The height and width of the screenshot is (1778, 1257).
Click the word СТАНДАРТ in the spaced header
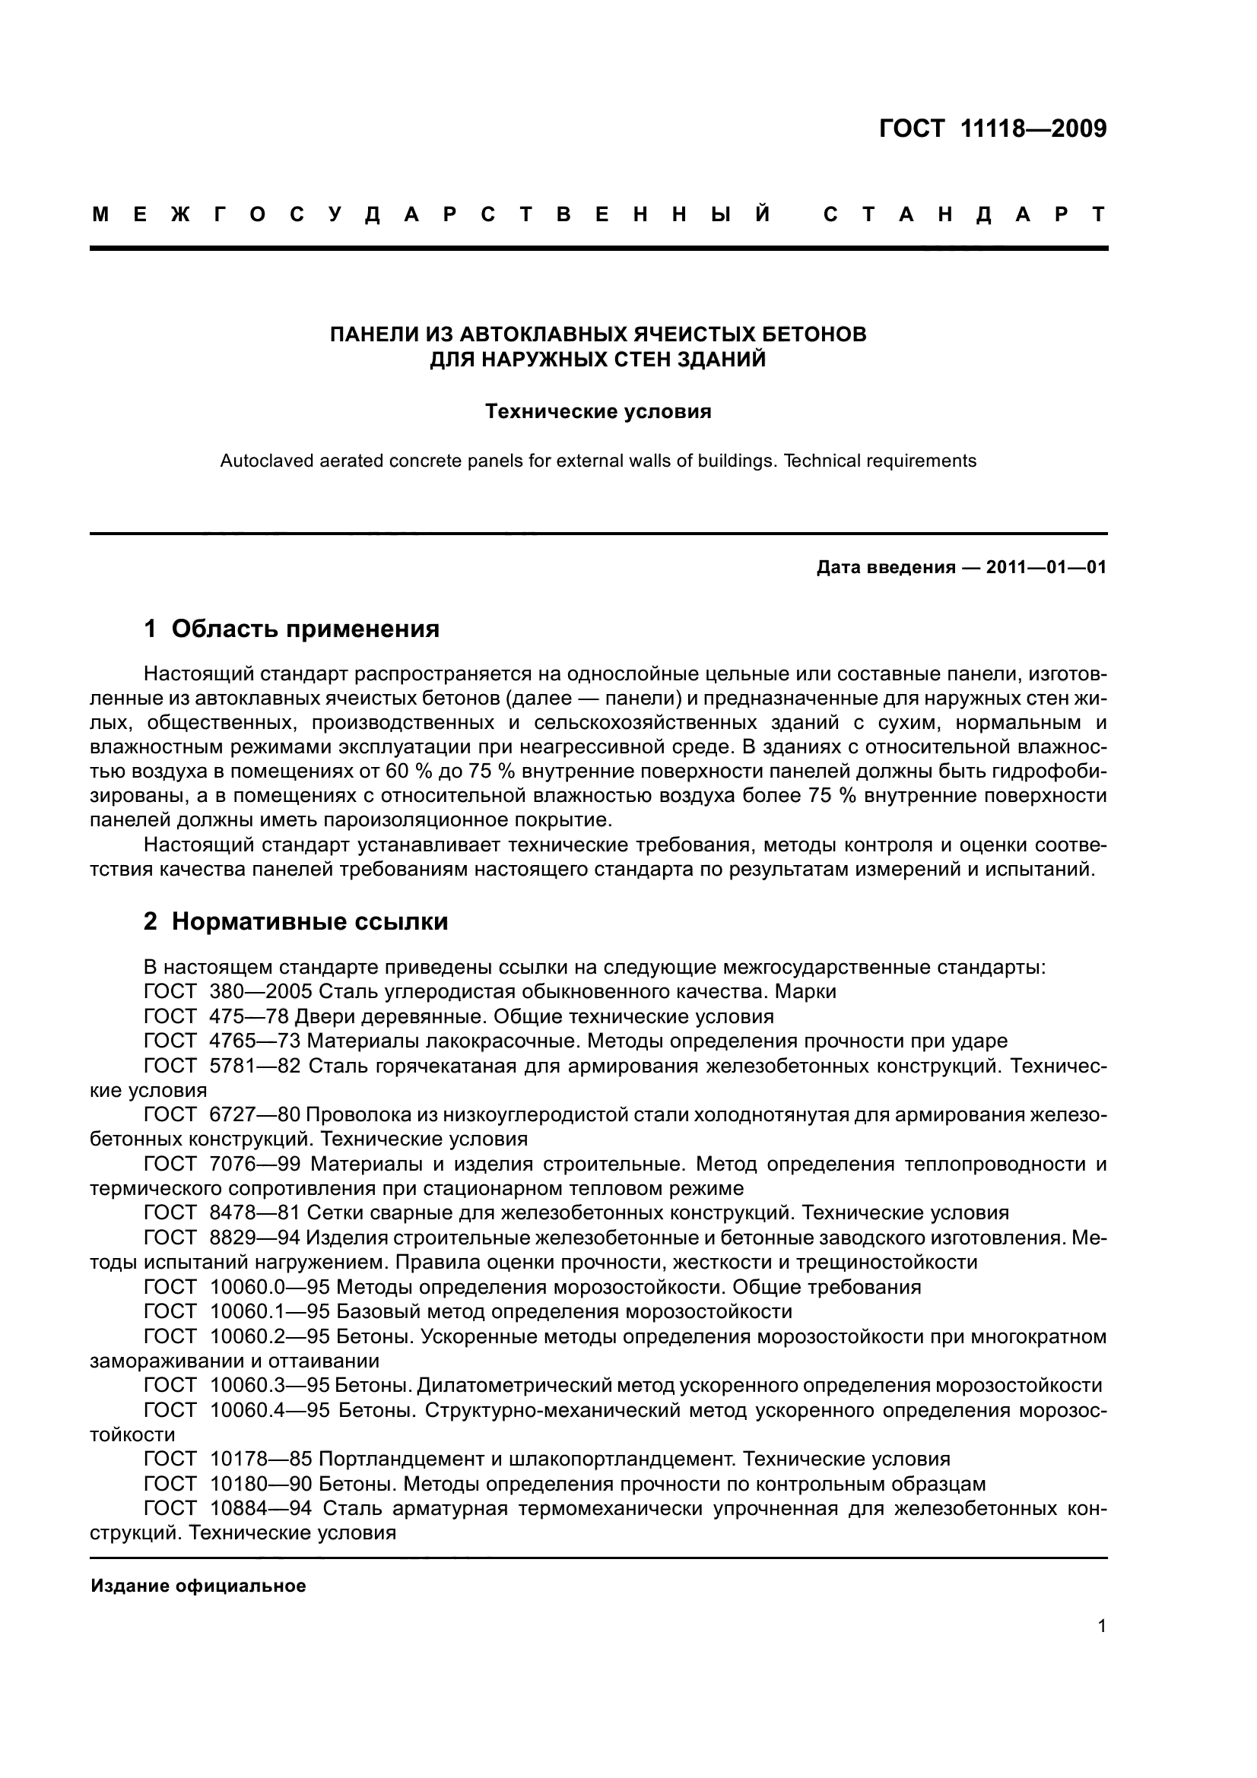click(964, 214)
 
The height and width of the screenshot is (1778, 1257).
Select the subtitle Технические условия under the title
click(598, 411)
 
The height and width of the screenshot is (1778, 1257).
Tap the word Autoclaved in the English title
click(261, 461)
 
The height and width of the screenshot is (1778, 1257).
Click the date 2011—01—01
click(1046, 568)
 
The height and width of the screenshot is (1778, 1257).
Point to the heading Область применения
click(305, 629)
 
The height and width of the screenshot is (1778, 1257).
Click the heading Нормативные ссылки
click(309, 921)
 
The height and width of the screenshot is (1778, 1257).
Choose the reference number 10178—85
click(261, 1459)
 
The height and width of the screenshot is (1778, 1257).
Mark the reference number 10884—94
click(261, 1508)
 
